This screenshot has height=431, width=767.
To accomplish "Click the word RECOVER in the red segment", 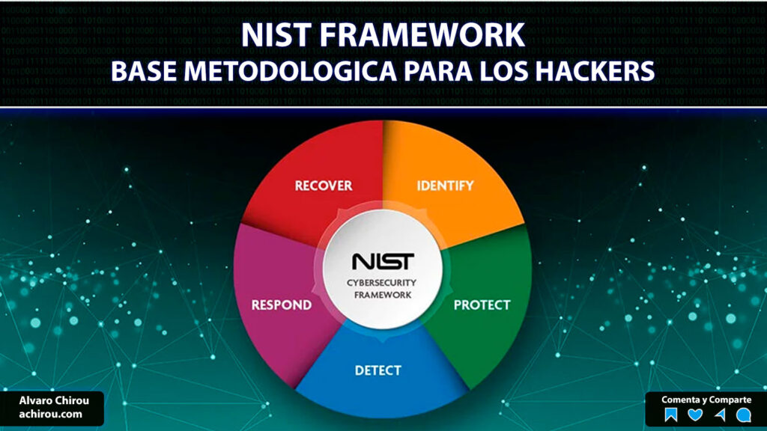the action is (x=324, y=186).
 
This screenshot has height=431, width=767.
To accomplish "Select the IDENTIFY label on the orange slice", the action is (x=445, y=186).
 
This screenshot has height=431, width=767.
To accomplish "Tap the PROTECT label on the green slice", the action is (x=482, y=305).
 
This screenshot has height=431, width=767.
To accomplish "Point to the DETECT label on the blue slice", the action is (x=378, y=370).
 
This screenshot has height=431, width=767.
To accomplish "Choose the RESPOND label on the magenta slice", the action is (x=282, y=305).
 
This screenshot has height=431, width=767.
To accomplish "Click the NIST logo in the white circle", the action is (x=383, y=261).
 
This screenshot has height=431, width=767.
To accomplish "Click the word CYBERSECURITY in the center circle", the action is (x=381, y=282).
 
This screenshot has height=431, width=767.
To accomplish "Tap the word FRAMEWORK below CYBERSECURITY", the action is (x=383, y=295).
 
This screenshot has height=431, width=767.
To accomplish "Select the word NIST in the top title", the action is (x=276, y=34).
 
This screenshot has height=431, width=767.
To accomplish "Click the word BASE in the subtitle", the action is (x=143, y=71).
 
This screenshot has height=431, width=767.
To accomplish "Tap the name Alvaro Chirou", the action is (x=54, y=401).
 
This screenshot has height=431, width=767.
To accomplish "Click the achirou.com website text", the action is (x=50, y=414).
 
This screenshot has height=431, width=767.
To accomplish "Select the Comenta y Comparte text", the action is (x=706, y=400).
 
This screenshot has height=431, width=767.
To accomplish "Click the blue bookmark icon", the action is (x=671, y=415).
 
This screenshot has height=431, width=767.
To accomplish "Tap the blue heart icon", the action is (x=695, y=415).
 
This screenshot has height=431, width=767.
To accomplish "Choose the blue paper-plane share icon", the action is (x=720, y=415).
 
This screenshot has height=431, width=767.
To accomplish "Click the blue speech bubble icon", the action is (x=744, y=415).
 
